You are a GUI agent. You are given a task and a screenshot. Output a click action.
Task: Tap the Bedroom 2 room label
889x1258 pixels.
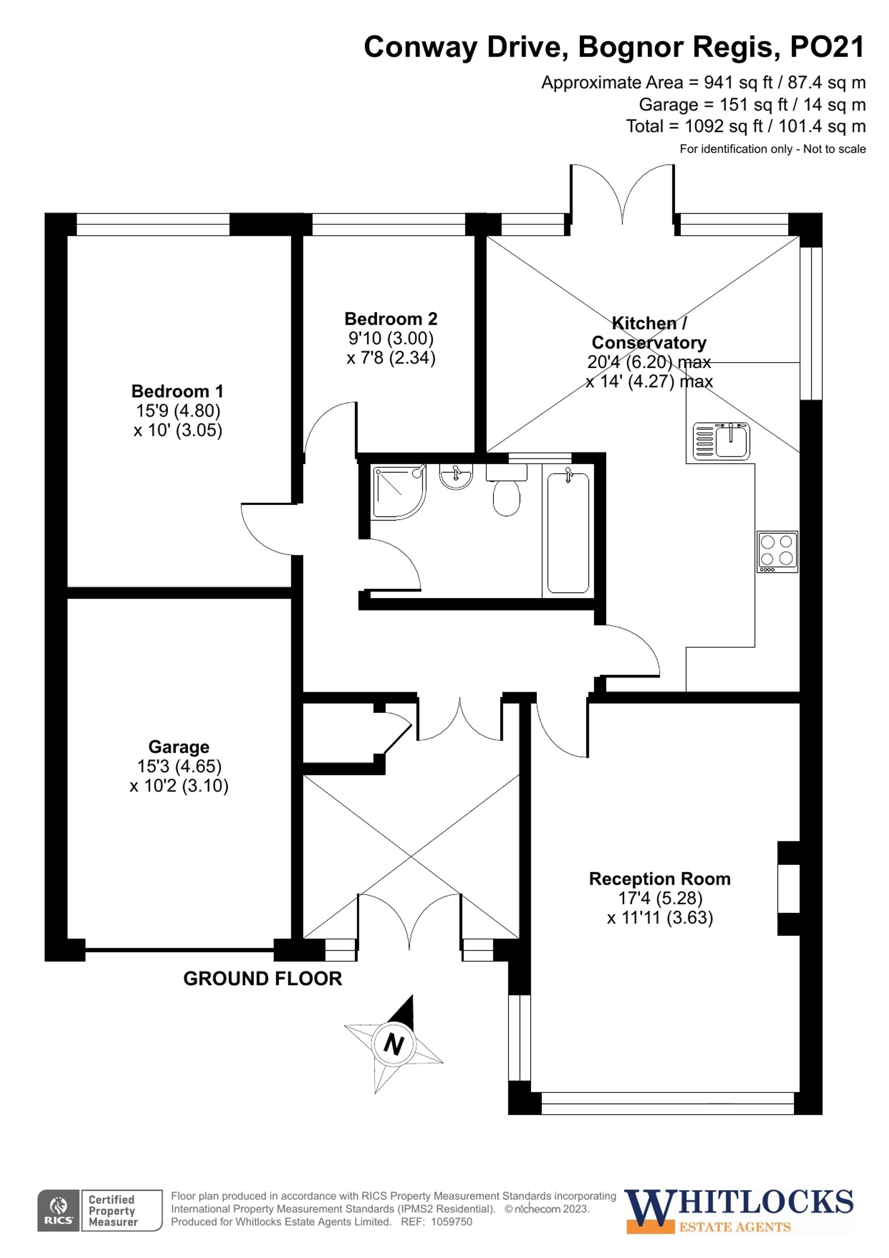pos(391,319)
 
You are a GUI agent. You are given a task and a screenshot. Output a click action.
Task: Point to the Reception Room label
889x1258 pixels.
pos(660,879)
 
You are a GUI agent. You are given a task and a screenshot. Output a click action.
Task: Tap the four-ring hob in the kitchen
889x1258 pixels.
pos(777,551)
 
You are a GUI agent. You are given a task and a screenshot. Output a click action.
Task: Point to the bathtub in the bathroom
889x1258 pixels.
pos(568,532)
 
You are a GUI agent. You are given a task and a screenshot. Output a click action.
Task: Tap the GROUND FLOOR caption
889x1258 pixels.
pos(262,979)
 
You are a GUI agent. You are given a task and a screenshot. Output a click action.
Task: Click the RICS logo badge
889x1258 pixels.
pos(58,1210)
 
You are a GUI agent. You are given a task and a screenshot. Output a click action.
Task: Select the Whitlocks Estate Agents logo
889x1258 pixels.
pos(739,1210)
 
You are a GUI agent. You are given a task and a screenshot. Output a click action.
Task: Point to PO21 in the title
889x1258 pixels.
pos(827,47)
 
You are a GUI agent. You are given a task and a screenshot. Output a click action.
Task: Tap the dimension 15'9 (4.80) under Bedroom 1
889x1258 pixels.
pos(178,411)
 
